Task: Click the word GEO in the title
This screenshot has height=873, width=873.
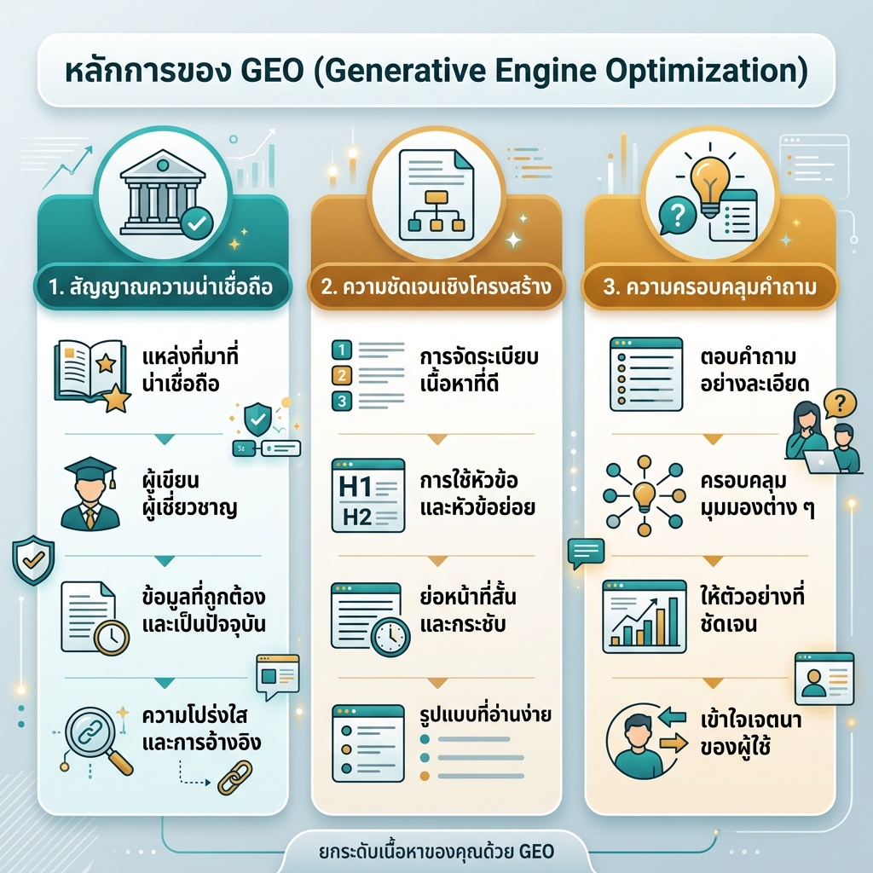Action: tap(272, 72)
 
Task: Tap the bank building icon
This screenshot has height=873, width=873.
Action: tap(163, 192)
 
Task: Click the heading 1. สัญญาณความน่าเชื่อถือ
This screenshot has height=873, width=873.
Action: tap(160, 287)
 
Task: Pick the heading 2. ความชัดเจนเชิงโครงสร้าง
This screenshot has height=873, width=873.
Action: tap(436, 286)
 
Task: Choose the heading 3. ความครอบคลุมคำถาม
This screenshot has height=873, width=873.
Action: tap(710, 287)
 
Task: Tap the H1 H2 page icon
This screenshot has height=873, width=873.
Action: tap(368, 495)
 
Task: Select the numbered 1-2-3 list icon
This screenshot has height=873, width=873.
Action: tap(368, 376)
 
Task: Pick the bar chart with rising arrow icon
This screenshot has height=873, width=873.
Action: tap(645, 616)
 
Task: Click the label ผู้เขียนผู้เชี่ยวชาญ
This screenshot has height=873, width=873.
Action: tap(189, 494)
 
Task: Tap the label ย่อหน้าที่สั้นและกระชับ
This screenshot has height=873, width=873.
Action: tap(468, 610)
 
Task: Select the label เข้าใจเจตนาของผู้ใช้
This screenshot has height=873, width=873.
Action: tap(750, 733)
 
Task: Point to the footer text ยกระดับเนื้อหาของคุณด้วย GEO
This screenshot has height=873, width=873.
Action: tap(436, 852)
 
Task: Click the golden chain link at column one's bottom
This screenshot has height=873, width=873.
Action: tap(234, 778)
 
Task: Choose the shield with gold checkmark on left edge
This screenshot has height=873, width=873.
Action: tap(33, 560)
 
